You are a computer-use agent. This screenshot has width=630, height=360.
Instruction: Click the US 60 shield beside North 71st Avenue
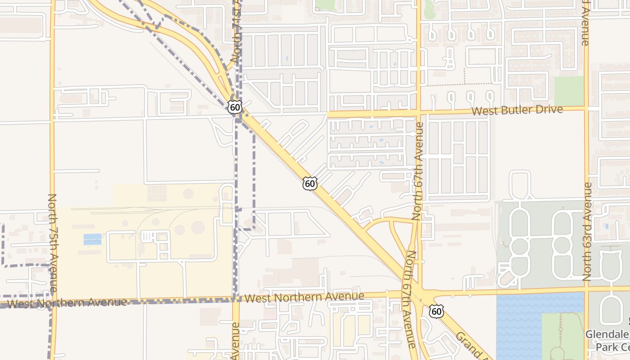coord(234,107)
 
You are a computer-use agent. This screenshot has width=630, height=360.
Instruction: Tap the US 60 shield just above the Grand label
coord(436,311)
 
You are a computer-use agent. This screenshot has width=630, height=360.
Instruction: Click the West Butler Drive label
coord(517,110)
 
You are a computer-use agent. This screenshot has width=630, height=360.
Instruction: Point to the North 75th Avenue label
coord(52,243)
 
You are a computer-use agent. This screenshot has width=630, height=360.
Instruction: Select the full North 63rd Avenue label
coord(587,232)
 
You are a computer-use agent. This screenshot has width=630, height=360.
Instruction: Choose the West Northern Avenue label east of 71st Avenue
coord(304,297)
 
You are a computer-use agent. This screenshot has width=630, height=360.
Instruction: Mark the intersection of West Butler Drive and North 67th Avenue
coord(418,112)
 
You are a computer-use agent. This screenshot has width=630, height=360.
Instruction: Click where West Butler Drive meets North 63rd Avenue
coord(586,108)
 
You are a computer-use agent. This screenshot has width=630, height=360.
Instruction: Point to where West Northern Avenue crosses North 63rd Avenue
coord(586,288)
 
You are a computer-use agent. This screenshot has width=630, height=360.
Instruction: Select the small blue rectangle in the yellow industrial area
coord(92,239)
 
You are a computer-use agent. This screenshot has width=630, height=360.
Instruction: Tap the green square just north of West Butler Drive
coord(568,90)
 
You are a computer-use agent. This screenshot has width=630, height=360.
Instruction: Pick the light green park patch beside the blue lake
coord(562,333)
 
